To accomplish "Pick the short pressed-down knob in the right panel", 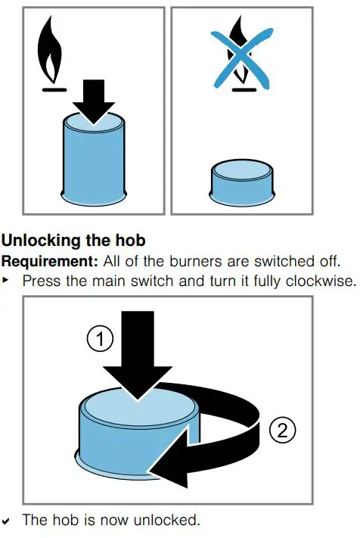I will click(x=242, y=182).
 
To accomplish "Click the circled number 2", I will click(x=281, y=431).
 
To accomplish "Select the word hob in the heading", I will click(x=129, y=241).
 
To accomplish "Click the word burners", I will click(x=203, y=261).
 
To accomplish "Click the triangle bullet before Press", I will click(x=8, y=281).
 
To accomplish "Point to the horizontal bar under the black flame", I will click(x=52, y=88).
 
